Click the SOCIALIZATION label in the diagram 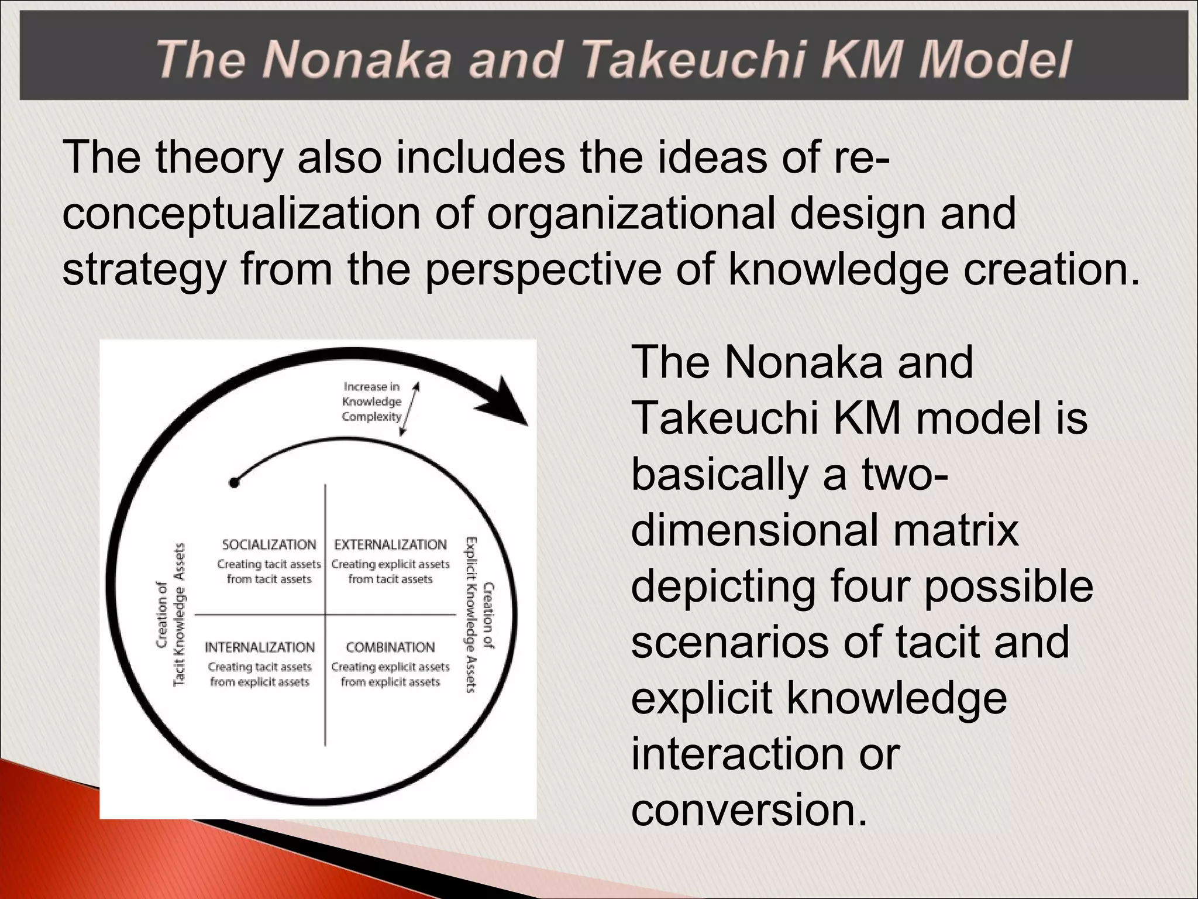[268, 545]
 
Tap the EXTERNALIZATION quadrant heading [390, 545]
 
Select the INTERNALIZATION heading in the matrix [260, 647]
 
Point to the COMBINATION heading [390, 647]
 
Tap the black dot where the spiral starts [234, 483]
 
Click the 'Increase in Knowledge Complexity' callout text [372, 402]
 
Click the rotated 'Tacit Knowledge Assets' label [180, 615]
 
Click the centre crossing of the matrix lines [325, 615]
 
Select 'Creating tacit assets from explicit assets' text [260, 674]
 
